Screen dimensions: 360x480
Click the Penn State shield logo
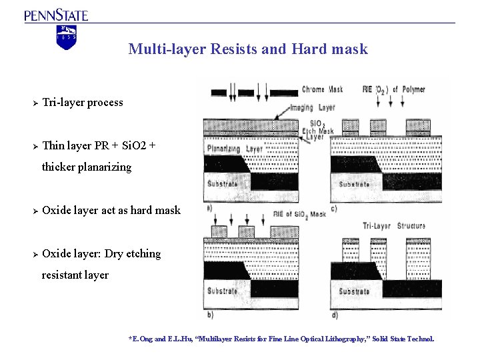67,37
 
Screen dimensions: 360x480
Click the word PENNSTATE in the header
57,15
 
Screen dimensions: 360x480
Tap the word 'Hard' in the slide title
309,49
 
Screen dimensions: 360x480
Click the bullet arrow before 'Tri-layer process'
34,103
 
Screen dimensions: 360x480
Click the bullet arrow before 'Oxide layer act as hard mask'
34,211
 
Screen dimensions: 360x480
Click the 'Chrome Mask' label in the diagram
323,89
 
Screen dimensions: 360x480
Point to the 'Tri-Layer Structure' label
393,226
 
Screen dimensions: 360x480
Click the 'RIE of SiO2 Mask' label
299,214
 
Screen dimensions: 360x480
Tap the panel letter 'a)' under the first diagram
210,207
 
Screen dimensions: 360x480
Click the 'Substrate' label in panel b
223,291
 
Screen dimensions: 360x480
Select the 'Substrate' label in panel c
354,184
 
